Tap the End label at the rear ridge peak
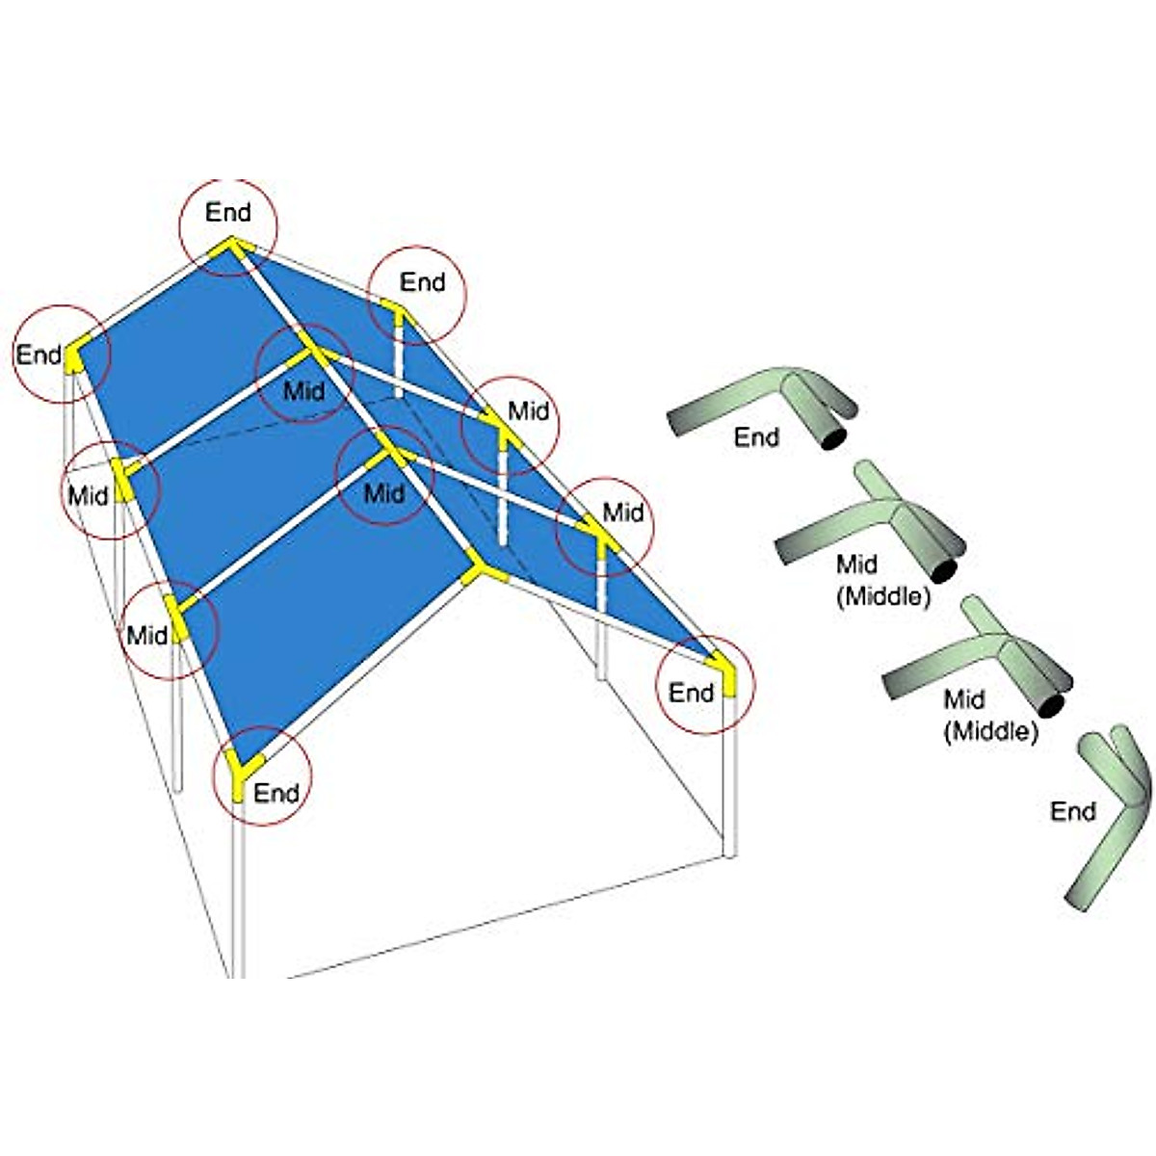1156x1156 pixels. (228, 212)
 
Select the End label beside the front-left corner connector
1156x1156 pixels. (276, 793)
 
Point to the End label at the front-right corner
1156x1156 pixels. (691, 692)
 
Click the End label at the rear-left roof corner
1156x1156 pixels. (39, 355)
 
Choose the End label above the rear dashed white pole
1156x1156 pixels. (422, 282)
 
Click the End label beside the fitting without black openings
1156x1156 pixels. (1072, 811)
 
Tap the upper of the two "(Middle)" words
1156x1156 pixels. (882, 596)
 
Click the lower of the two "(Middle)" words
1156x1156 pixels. (990, 731)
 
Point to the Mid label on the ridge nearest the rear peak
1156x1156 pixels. (304, 391)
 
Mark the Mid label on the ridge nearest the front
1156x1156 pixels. (383, 493)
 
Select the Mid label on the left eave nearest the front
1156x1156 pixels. (146, 635)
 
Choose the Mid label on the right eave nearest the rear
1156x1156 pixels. (528, 411)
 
